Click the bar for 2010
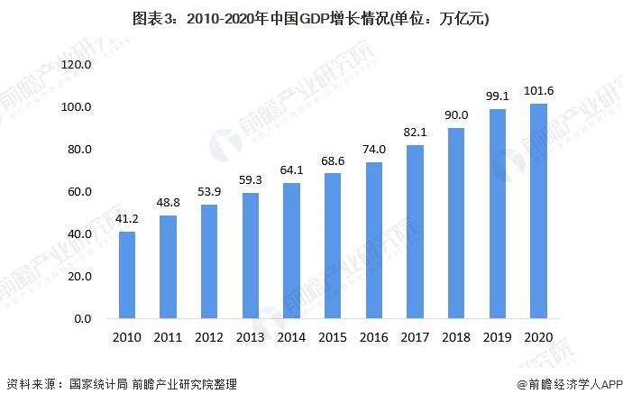click(x=128, y=275)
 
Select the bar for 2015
click(x=334, y=245)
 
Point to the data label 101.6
click(x=539, y=92)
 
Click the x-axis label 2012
click(x=210, y=337)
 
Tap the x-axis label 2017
click(x=416, y=337)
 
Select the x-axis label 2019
click(x=498, y=337)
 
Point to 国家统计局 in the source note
click(x=95, y=385)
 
